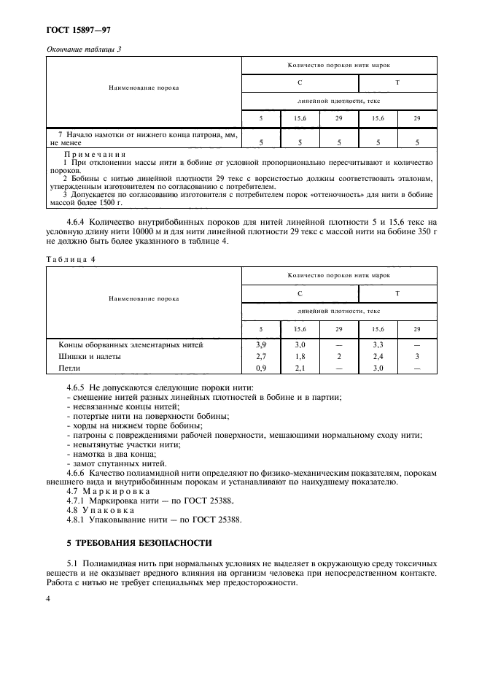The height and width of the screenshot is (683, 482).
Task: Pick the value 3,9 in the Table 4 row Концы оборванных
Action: point(261,344)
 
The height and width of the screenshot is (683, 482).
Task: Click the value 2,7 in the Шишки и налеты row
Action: point(261,356)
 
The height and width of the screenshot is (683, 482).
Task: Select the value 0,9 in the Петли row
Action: point(261,368)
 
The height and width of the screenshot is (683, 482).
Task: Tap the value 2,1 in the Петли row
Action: point(300,368)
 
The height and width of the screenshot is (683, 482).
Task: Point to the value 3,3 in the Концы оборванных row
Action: point(378,344)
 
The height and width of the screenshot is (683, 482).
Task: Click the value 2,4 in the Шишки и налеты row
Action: point(378,356)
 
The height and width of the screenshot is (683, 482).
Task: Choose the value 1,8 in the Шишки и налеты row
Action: point(300,356)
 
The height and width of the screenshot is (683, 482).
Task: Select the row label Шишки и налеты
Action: point(89,356)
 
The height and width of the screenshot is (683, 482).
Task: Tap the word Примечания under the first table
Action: point(96,155)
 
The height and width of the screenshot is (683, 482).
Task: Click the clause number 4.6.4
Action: point(77,221)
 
